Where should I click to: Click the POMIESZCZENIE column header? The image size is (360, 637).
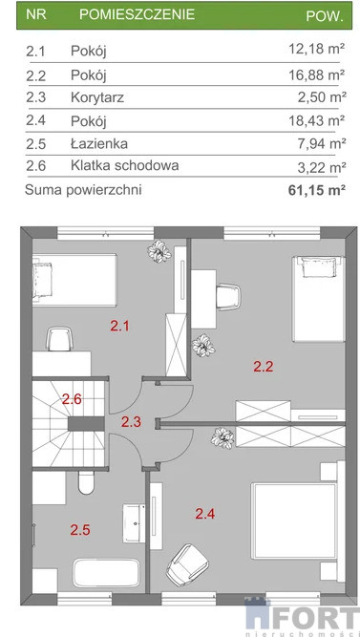tap(137, 14)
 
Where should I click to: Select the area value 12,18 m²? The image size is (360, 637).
tap(317, 49)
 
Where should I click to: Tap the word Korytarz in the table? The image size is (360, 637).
tap(97, 97)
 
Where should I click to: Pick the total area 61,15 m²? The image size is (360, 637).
tap(317, 190)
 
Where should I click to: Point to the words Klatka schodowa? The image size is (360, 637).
tap(125, 166)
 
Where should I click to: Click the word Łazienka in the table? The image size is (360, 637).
tap(99, 143)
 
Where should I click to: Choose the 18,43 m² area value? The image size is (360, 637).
tap(317, 119)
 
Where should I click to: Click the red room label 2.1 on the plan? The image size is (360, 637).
tap(120, 326)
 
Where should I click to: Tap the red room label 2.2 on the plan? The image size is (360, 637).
tap(264, 367)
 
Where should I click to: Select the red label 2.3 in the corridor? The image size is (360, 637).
tap(131, 422)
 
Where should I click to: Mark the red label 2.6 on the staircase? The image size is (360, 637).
tap(72, 399)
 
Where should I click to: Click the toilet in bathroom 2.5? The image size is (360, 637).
tap(86, 482)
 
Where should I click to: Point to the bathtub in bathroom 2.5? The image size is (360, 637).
tap(106, 573)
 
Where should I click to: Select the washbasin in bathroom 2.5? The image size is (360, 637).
tap(134, 523)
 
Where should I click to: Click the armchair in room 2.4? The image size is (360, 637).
tap(187, 564)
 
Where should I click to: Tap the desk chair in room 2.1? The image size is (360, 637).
tap(59, 339)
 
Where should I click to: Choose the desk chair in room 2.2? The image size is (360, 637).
tap(228, 297)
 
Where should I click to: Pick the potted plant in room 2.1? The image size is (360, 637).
tap(159, 251)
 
